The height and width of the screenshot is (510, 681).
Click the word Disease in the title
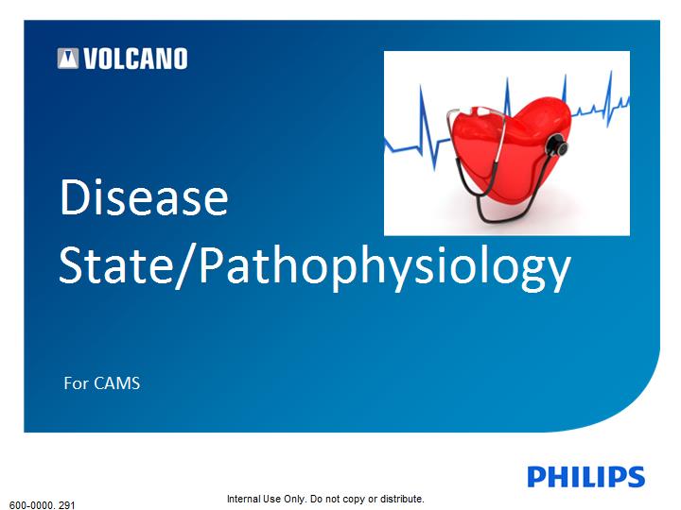coord(144,196)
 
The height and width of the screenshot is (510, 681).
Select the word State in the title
coord(116,264)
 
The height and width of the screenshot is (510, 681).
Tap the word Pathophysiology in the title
coord(385,268)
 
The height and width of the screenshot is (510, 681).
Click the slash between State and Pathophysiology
coord(185,265)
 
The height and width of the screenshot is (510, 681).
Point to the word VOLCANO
coord(135,59)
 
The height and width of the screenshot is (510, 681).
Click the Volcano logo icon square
coord(68,59)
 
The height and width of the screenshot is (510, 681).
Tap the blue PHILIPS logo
coord(585,477)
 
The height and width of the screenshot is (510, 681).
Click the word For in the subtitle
coord(77,383)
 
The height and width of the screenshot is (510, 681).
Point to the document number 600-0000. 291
coord(43,505)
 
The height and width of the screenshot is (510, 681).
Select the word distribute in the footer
coord(401,499)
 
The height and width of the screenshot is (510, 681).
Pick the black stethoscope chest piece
coord(557,145)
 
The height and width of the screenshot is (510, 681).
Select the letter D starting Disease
coord(74,197)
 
